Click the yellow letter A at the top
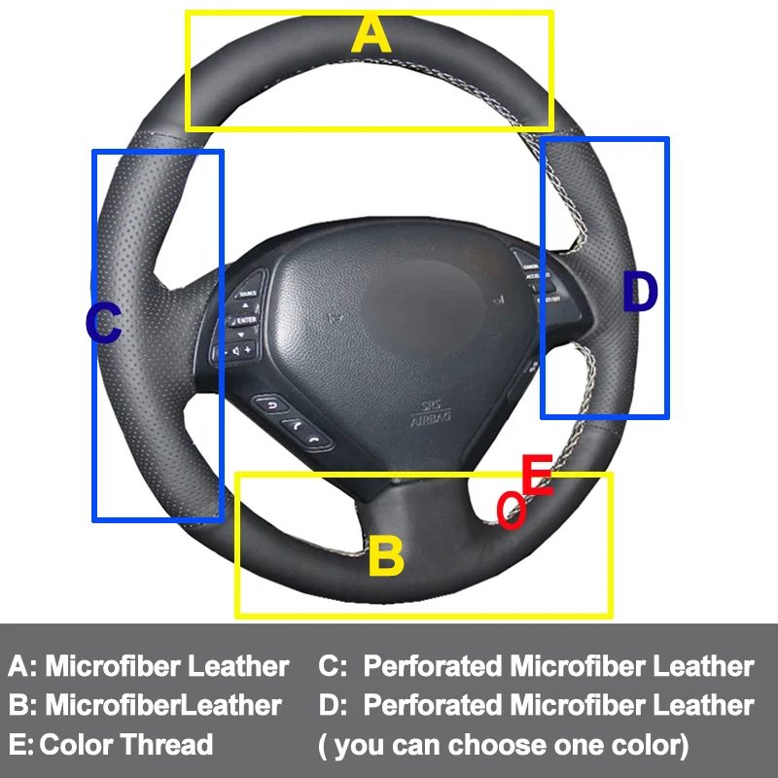click(x=371, y=35)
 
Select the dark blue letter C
click(x=103, y=324)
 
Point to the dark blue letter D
click(x=640, y=292)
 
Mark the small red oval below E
click(x=512, y=511)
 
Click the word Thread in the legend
click(x=166, y=746)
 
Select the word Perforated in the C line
click(x=435, y=667)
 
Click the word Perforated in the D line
click(x=435, y=706)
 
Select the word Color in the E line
click(x=76, y=746)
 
